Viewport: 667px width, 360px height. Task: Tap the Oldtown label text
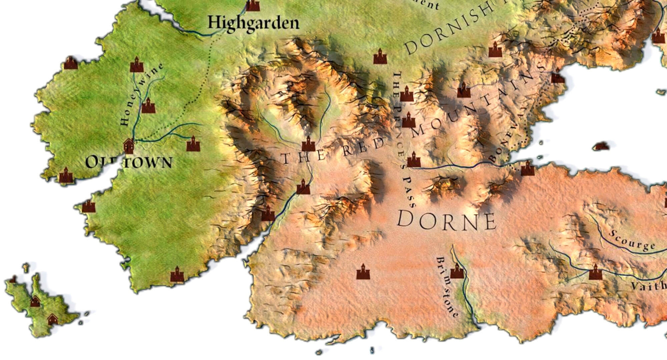(x=129, y=162)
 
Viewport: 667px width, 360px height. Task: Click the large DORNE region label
(x=446, y=220)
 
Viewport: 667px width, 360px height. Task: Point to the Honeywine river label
(x=142, y=95)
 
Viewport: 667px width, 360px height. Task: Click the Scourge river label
(x=632, y=240)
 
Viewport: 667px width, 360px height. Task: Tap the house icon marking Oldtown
(x=129, y=145)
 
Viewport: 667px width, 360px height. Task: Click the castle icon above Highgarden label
(x=253, y=5)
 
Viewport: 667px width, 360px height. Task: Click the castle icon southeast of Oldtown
(x=193, y=144)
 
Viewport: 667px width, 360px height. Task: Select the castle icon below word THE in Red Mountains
(x=303, y=187)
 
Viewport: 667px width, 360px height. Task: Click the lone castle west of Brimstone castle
(x=363, y=272)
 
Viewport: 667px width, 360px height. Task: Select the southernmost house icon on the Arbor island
(x=52, y=319)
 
